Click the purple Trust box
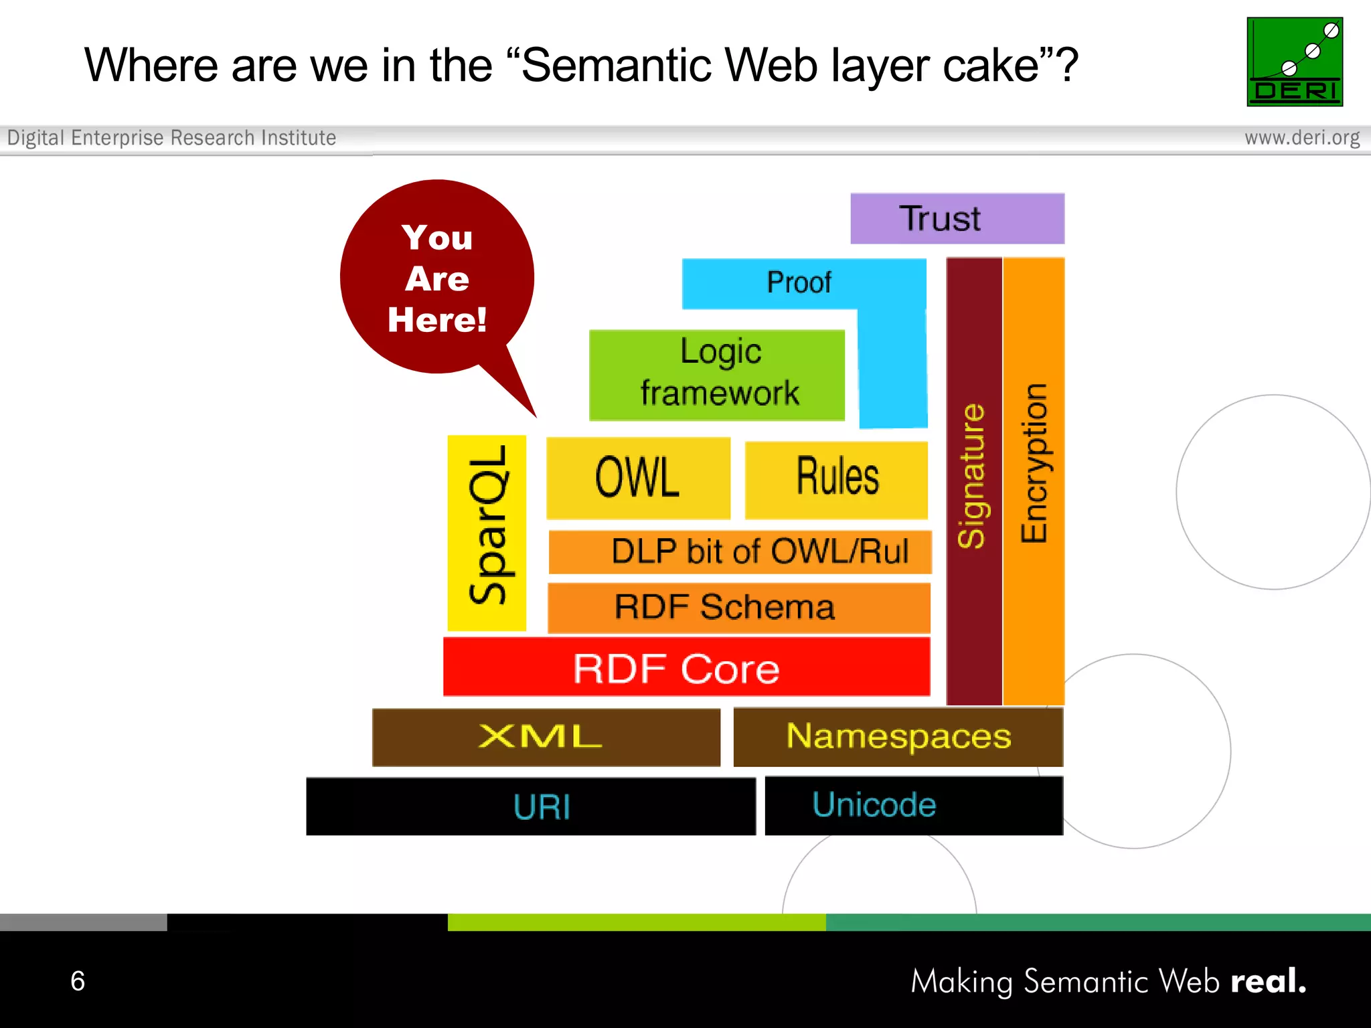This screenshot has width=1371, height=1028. click(x=957, y=219)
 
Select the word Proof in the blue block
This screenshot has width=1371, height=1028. click(x=799, y=282)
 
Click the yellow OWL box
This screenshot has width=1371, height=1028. click(x=638, y=478)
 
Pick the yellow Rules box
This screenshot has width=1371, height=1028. click(x=836, y=479)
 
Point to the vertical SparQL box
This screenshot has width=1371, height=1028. click(x=487, y=533)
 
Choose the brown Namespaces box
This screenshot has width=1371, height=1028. click(x=898, y=737)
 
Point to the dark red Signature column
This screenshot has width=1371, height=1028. click(x=973, y=481)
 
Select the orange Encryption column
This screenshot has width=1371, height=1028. click(x=1034, y=481)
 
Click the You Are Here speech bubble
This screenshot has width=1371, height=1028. click(x=436, y=278)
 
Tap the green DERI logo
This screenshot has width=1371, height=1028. click(x=1294, y=62)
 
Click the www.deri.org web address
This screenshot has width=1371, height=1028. click(x=1301, y=138)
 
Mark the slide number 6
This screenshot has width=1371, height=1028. click(x=78, y=981)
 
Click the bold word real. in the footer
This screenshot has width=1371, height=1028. click(x=1268, y=981)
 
